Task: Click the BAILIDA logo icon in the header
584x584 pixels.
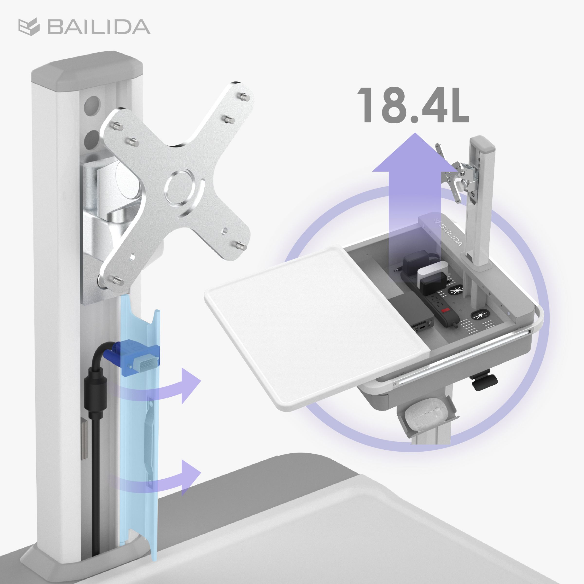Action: click(x=29, y=27)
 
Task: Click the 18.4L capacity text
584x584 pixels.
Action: click(x=413, y=105)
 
